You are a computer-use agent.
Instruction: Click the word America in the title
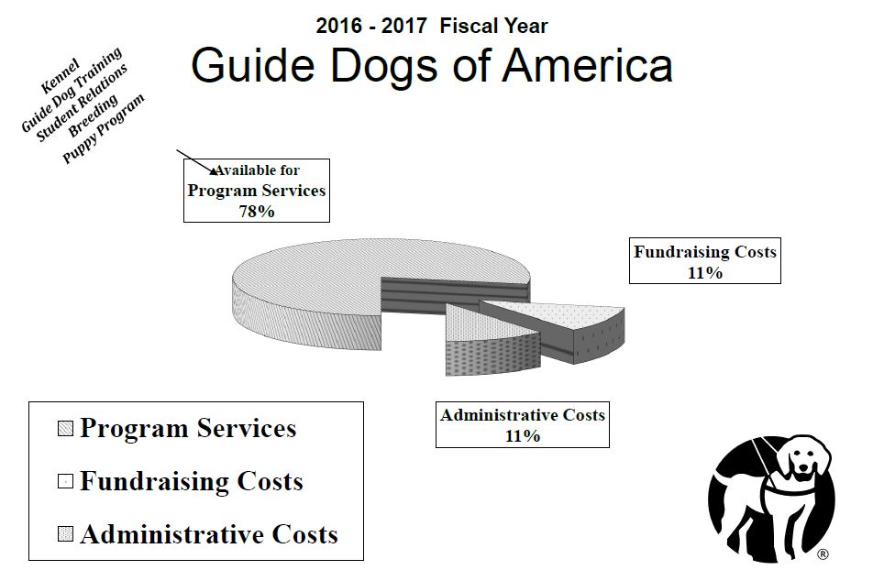[588, 66]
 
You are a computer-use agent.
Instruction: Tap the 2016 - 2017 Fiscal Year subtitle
[432, 26]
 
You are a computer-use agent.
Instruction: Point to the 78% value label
[257, 212]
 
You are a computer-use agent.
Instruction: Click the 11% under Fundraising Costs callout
[705, 273]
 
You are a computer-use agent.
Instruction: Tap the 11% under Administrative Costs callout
[523, 436]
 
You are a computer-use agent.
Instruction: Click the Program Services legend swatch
[66, 429]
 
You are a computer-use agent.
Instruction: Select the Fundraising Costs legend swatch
[66, 481]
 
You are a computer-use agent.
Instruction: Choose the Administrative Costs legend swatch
[66, 534]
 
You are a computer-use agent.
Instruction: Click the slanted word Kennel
[61, 76]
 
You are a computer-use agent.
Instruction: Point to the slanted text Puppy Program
[104, 128]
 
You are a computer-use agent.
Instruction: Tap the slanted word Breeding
[93, 115]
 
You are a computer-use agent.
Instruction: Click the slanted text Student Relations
[82, 103]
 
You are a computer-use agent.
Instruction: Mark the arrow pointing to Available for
[196, 162]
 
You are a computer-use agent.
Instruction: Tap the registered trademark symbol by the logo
[823, 554]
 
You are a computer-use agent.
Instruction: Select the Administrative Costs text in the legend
[209, 534]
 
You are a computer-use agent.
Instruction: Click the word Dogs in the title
[385, 67]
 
